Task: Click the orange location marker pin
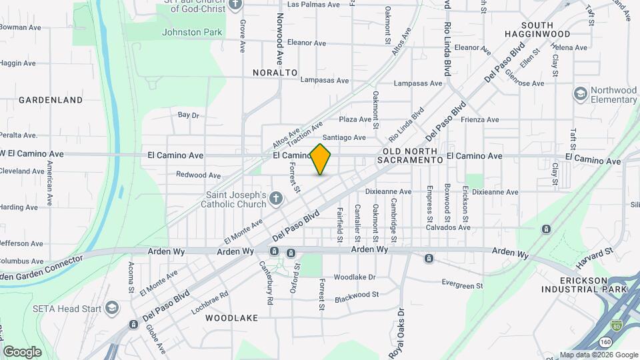(x=321, y=159)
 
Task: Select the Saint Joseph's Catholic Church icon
(x=277, y=197)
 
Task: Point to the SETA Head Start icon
(x=111, y=309)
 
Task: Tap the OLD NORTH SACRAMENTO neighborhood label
(x=410, y=156)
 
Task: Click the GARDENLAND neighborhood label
(x=51, y=100)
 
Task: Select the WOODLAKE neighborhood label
(x=231, y=318)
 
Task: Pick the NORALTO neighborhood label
(x=275, y=71)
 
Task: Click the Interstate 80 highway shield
(x=617, y=325)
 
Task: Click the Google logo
(x=22, y=351)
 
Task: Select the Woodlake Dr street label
(x=355, y=277)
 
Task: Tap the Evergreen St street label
(x=461, y=285)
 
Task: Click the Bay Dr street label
(x=189, y=115)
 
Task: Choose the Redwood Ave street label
(x=198, y=175)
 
